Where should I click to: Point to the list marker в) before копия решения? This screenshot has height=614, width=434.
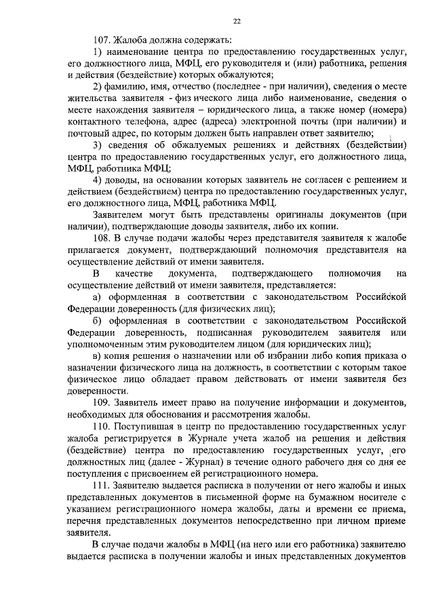click(x=97, y=356)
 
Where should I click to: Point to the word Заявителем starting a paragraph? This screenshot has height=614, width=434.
click(x=121, y=214)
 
